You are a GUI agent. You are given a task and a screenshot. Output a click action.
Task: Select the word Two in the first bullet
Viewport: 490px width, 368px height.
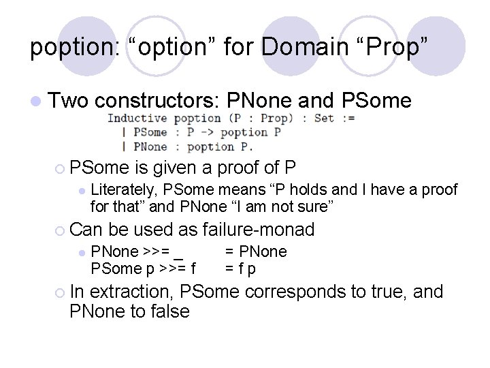(69, 102)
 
